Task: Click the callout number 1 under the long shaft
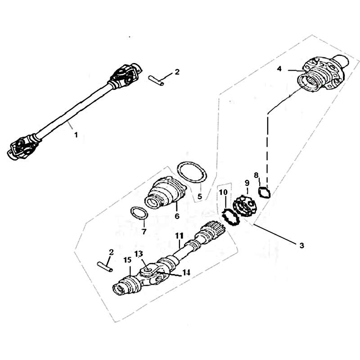click(x=76, y=135)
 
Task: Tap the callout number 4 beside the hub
click(x=279, y=69)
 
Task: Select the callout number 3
click(x=301, y=245)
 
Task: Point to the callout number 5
click(x=200, y=197)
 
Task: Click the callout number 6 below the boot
click(x=177, y=216)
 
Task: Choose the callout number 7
click(x=144, y=232)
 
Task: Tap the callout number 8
click(x=256, y=175)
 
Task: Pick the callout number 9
click(x=247, y=183)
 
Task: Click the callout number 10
click(x=223, y=192)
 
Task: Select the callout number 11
click(x=179, y=235)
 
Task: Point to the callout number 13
click(x=139, y=254)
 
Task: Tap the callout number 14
click(x=186, y=273)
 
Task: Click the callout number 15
click(x=127, y=260)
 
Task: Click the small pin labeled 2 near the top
click(x=156, y=81)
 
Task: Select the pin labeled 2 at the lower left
click(x=105, y=267)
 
